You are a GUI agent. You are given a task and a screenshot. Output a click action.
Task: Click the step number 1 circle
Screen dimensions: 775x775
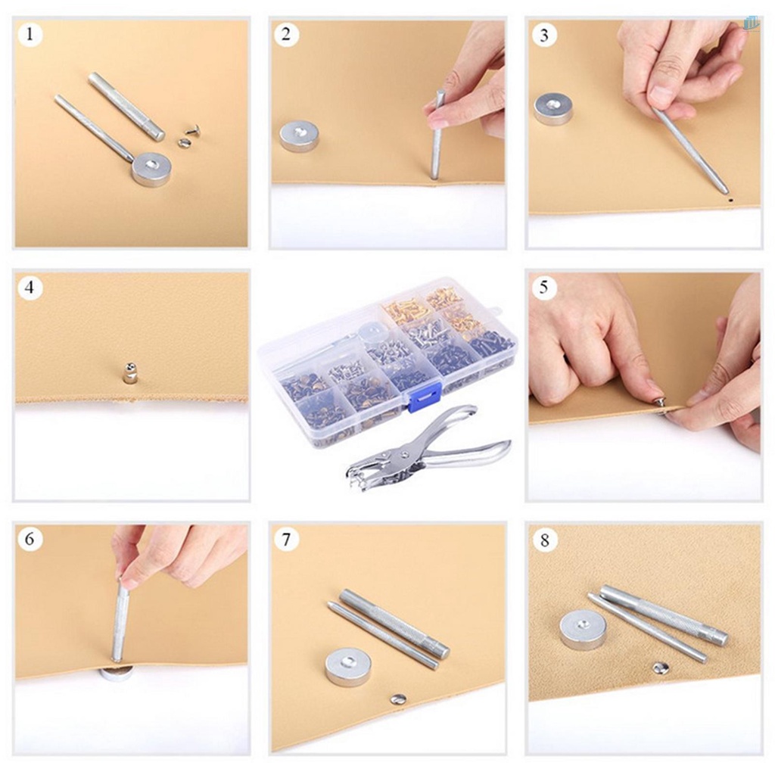tap(30, 35)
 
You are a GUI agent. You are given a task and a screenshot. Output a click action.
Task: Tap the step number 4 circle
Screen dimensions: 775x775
tap(30, 288)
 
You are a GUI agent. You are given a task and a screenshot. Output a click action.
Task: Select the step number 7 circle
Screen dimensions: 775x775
tap(286, 540)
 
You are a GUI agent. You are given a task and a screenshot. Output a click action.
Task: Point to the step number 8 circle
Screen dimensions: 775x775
tap(544, 540)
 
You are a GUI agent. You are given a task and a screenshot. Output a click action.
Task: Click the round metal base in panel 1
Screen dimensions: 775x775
tap(151, 169)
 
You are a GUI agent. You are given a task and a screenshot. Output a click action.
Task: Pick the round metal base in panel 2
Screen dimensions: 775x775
tap(299, 136)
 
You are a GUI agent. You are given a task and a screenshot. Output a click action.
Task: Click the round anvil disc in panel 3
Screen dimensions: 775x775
tap(552, 108)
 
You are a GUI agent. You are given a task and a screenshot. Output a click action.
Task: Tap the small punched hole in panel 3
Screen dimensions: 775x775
tap(730, 201)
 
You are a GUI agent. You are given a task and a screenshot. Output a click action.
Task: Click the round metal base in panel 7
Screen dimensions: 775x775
tap(347, 666)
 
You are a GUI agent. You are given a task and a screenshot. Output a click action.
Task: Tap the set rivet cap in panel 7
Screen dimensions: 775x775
tap(398, 699)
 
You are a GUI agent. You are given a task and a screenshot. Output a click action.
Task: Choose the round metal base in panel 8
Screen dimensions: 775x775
tap(583, 630)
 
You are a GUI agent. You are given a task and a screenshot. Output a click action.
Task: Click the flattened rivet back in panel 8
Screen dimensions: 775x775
tap(661, 668)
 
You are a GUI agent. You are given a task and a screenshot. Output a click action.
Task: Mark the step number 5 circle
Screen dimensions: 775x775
tap(544, 288)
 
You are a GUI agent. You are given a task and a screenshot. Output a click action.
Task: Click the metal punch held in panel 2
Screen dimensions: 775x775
tap(437, 135)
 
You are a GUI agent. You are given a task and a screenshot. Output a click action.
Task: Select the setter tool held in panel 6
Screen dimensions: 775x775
tap(120, 619)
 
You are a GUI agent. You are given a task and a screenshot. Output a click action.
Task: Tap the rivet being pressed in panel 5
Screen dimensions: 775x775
tap(660, 402)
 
